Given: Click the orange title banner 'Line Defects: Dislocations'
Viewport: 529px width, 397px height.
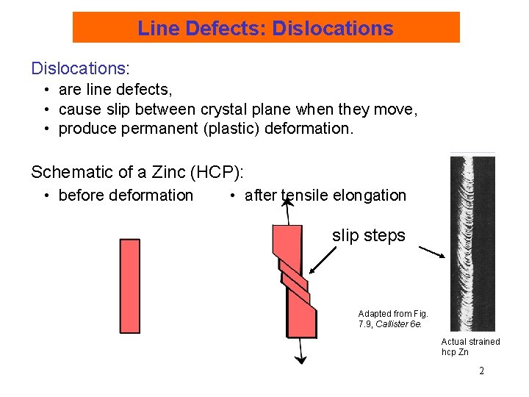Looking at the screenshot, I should pos(265,28).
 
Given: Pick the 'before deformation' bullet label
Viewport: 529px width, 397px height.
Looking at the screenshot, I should pos(126,196).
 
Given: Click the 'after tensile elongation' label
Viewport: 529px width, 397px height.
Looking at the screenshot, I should pos(325,196).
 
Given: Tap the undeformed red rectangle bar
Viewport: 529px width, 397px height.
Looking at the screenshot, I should pos(130,286).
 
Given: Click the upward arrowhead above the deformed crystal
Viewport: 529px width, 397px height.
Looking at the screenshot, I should pos(288,203).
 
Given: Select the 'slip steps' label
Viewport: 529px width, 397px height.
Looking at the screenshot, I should pos(368,236).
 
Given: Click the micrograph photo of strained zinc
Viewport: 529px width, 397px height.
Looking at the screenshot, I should pos(472,243).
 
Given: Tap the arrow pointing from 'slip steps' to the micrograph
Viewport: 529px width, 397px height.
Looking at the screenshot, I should pos(432,252).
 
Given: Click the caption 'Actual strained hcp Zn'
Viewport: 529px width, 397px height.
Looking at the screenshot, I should pos(470,346).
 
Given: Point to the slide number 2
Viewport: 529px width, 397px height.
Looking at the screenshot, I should pos(481,371).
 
